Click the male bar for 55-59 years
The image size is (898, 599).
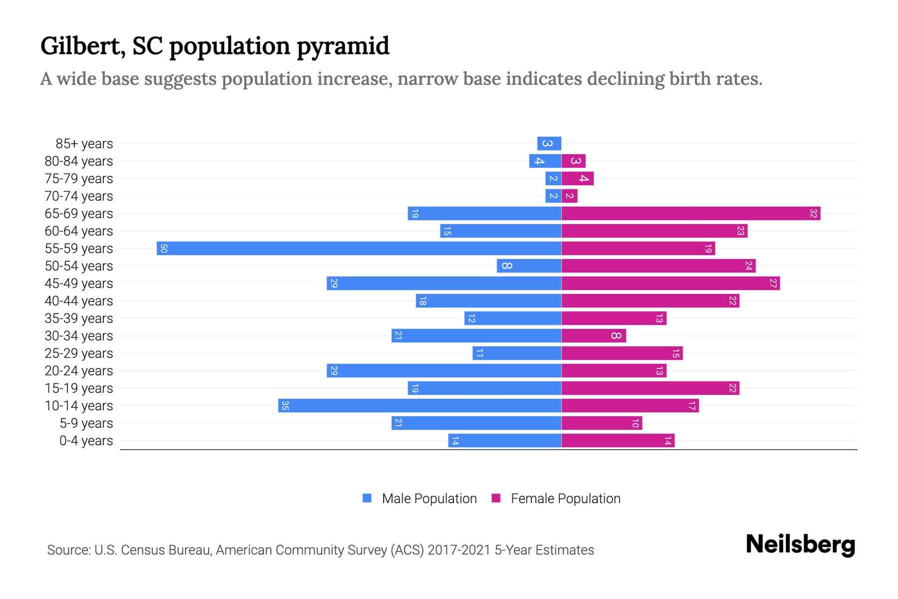point(359,249)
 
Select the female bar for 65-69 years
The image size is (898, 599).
point(691,214)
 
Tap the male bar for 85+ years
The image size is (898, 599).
point(549,144)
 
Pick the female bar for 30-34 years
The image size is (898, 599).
point(594,336)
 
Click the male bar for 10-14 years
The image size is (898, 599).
point(420,406)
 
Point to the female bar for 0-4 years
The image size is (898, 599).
point(618,441)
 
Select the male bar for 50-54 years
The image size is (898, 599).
point(529,266)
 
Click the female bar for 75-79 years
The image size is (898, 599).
point(578,179)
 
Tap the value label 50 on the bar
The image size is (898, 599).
point(164,249)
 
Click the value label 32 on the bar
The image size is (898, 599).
point(813,214)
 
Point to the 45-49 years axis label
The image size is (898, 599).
point(79,284)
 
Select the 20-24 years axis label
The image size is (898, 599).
point(79,371)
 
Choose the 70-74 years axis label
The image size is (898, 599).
point(79,196)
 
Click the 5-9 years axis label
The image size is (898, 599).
point(86,423)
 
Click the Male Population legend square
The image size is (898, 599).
point(367,498)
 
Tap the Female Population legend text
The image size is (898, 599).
point(565,499)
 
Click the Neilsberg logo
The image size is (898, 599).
point(800,545)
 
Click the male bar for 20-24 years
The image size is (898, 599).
point(444,371)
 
